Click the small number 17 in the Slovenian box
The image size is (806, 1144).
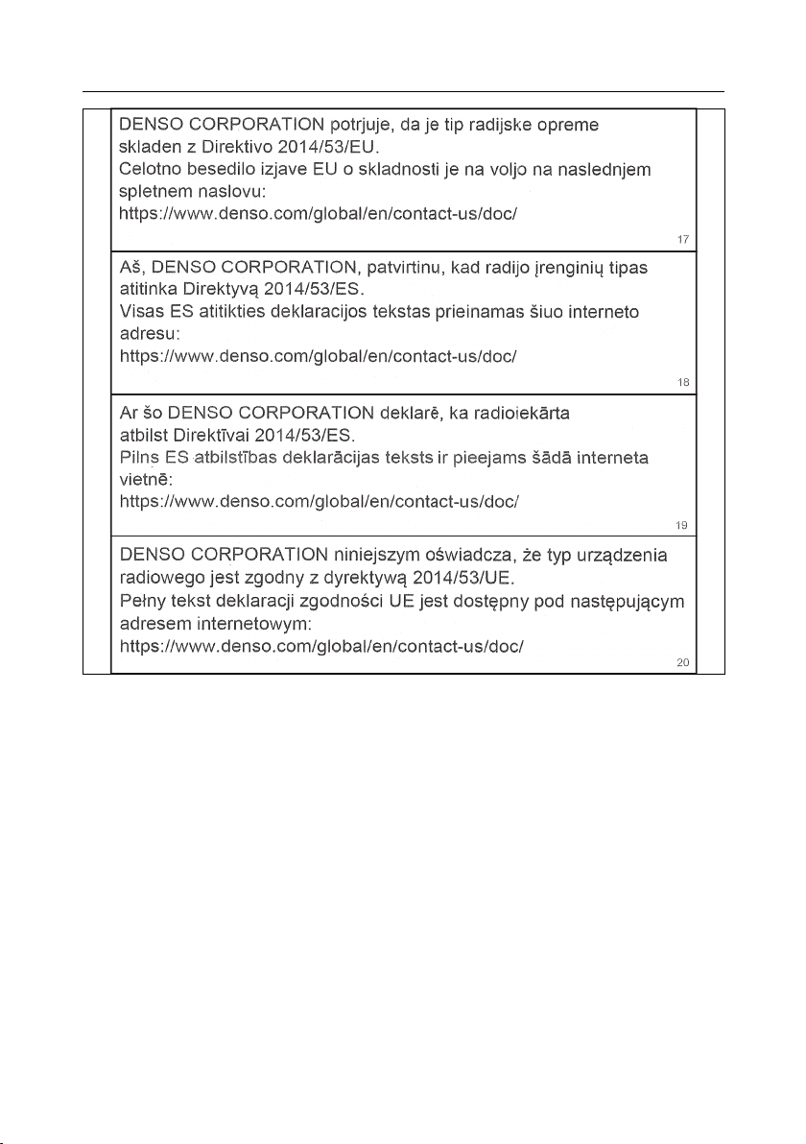683,238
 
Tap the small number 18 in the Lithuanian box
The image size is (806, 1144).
683,382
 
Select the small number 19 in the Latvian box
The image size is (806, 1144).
683,525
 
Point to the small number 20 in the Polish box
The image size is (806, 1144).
683,664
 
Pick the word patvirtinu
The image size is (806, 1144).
400,270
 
